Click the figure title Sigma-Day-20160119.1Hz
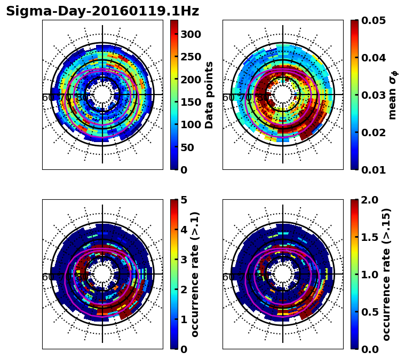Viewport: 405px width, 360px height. coord(102,11)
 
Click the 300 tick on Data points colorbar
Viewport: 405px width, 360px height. coord(190,34)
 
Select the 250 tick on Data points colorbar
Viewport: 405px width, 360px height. coord(190,57)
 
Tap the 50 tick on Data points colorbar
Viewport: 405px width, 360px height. coord(190,147)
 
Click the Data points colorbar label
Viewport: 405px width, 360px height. coord(209,95)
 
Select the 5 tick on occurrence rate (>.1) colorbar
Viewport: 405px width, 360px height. coord(184,200)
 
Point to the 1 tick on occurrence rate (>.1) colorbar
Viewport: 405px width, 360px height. coord(184,319)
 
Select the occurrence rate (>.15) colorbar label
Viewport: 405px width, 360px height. coord(386,274)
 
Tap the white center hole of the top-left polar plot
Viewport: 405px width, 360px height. coord(102,94)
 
